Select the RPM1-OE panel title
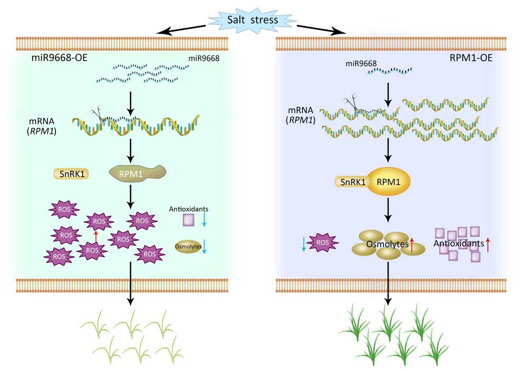(x=470, y=57)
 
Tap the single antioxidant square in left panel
(x=188, y=220)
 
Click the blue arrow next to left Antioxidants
(x=204, y=220)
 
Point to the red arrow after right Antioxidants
(x=488, y=244)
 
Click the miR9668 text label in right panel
(x=362, y=64)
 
